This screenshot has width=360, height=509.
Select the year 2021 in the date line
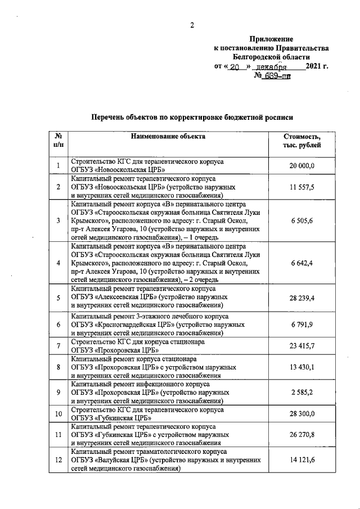point(314,67)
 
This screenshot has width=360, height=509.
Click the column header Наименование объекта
point(168,136)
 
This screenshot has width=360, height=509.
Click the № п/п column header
point(58,141)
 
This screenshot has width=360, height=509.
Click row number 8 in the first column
point(58,367)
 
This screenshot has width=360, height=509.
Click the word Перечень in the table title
point(110,117)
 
